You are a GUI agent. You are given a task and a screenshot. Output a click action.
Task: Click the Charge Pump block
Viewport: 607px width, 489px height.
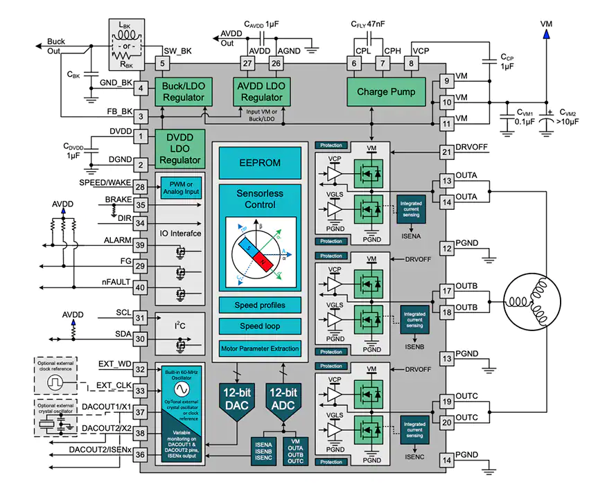(x=386, y=92)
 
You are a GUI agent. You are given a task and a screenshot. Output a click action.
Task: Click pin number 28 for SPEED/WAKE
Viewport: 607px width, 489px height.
(x=141, y=188)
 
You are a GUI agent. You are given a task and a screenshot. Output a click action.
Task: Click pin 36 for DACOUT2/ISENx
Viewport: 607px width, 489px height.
(x=141, y=454)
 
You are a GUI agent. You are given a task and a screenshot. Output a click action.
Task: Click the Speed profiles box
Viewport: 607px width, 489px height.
(x=260, y=305)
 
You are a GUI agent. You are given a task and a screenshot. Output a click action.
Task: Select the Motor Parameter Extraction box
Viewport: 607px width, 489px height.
(x=260, y=348)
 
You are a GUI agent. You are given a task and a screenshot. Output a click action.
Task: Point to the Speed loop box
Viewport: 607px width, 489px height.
(x=260, y=327)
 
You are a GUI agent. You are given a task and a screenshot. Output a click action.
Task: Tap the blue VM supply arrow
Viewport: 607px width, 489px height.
(x=547, y=31)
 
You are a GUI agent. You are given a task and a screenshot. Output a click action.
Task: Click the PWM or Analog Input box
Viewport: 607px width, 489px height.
(x=179, y=186)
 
